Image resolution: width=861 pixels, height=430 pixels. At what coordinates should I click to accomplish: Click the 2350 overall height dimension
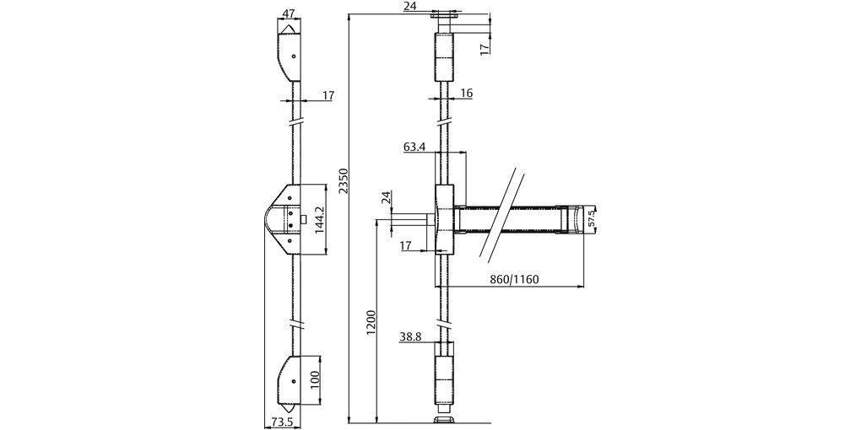342,180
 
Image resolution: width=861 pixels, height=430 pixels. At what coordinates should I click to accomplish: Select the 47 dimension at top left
289,14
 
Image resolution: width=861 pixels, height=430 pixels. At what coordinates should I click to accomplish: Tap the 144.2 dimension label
319,219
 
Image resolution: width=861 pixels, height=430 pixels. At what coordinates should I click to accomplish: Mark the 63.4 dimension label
414,147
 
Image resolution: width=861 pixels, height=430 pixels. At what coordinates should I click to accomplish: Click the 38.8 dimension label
410,336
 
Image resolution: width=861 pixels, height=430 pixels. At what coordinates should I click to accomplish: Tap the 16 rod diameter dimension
466,94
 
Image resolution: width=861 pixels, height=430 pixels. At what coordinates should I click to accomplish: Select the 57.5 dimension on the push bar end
592,218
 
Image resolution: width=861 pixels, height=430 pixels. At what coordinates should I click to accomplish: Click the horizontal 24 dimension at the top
410,6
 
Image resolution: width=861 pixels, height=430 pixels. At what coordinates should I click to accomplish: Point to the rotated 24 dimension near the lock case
386,197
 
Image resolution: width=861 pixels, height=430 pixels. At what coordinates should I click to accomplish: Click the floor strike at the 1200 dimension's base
444,418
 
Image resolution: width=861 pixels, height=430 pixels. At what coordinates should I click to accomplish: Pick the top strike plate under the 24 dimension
444,16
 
